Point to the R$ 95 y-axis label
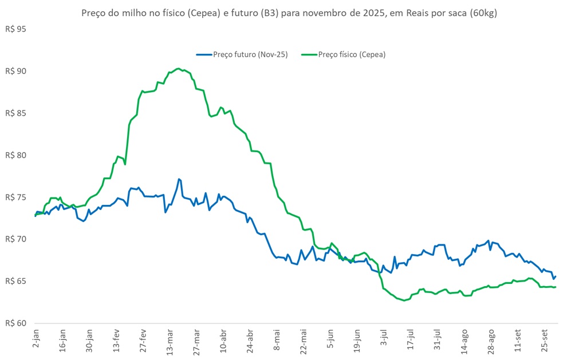click(x=16, y=29)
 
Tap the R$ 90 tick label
click(x=16, y=71)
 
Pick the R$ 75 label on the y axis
click(x=16, y=197)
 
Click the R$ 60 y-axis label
click(x=16, y=323)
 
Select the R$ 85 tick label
click(x=16, y=113)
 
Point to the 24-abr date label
click(x=250, y=341)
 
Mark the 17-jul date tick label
click(x=410, y=340)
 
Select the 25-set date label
click(x=546, y=340)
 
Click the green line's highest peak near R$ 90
click(x=178, y=69)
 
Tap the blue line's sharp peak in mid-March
click(x=179, y=179)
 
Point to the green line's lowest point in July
click(x=404, y=300)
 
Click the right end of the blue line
click(x=556, y=276)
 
